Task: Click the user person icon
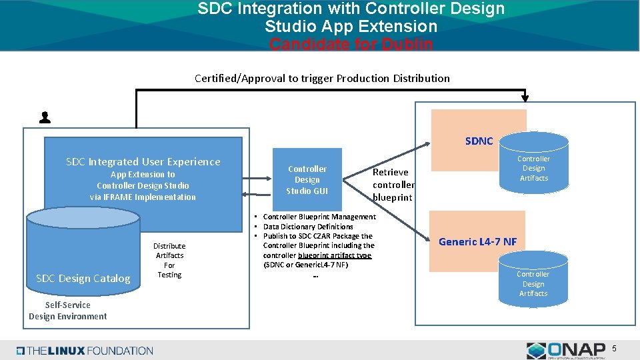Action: coord(45,118)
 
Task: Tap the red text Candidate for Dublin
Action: coord(351,45)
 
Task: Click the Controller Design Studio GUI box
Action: coord(307,180)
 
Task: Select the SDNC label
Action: coord(479,141)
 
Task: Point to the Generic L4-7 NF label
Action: coord(477,241)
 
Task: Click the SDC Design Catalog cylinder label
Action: coord(83,279)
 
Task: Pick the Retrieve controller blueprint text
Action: coord(393,185)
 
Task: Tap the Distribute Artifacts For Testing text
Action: coord(169,260)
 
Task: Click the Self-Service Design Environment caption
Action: coord(67,311)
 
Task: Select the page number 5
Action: coord(614,349)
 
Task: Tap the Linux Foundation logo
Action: coord(85,351)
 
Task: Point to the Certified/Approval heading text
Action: coord(322,78)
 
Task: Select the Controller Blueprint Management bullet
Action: coord(319,217)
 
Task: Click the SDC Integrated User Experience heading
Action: coord(143,162)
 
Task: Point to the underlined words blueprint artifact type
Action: coord(335,255)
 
